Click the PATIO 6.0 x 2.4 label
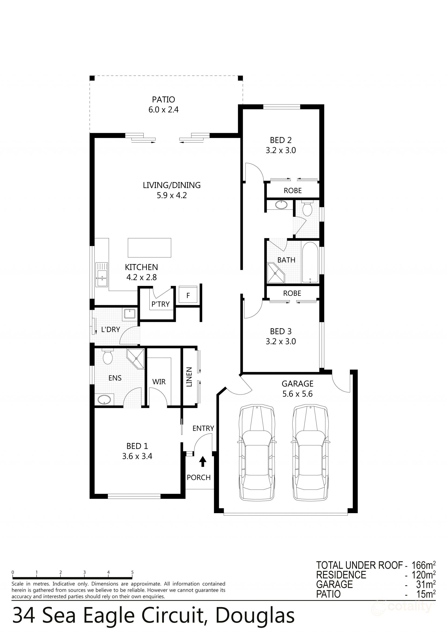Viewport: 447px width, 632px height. (163, 105)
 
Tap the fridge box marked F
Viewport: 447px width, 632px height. (188, 295)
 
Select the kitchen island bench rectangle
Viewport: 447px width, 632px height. (149, 248)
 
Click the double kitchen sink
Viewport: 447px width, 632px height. (102, 275)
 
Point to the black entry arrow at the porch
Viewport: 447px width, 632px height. (203, 461)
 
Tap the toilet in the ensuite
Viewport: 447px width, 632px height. (108, 357)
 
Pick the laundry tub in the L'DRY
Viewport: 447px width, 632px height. (129, 314)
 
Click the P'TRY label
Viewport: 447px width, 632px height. (160, 304)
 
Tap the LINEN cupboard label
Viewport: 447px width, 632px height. (189, 377)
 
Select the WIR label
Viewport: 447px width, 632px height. (159, 382)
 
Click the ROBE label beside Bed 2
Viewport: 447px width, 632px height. (293, 191)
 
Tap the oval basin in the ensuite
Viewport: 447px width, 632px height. (104, 399)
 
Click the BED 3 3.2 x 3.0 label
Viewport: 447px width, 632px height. (281, 336)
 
